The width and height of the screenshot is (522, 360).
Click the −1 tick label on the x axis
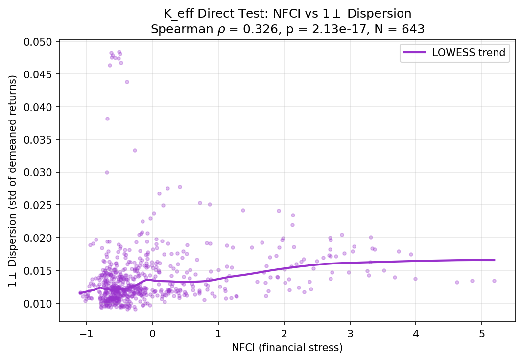tap(86, 333)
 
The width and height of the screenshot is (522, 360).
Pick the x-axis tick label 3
tap(350, 333)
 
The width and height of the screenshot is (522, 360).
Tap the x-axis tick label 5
tap(481, 333)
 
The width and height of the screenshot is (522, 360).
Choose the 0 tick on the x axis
tap(152, 333)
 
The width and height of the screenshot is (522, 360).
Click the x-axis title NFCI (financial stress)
tap(287, 348)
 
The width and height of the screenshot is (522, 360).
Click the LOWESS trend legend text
tap(469, 53)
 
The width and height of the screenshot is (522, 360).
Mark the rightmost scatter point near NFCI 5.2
tap(494, 281)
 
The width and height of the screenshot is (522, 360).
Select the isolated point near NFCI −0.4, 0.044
tap(127, 82)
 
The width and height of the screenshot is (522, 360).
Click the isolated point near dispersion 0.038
tap(107, 119)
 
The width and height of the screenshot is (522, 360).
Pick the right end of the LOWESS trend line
tap(495, 260)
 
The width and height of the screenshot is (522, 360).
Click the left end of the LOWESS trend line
tap(79, 293)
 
